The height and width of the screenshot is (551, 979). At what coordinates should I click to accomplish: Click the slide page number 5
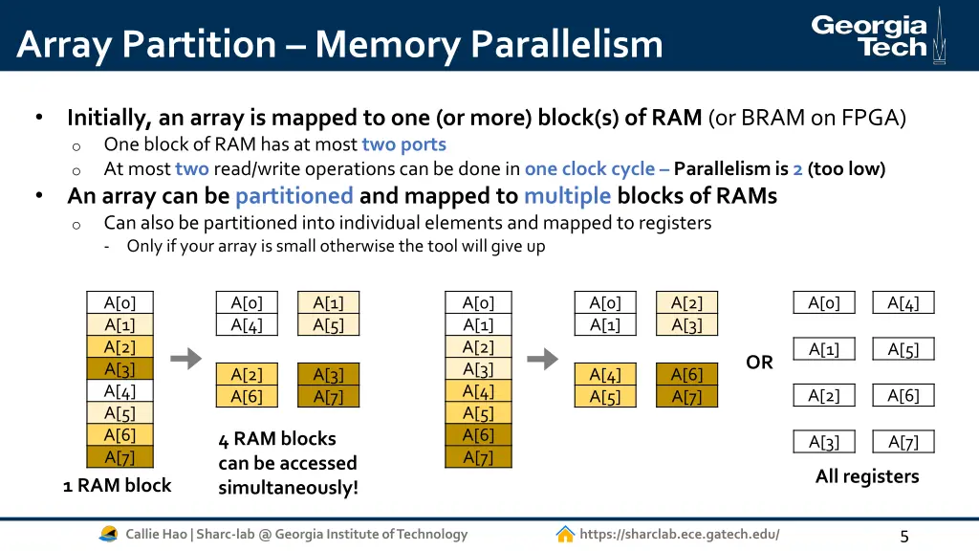(x=904, y=537)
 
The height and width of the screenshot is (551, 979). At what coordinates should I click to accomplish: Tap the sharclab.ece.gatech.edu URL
(x=679, y=534)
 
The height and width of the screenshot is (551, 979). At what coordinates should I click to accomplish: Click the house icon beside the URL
(x=565, y=534)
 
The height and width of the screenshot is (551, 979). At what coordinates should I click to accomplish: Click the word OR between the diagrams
(x=759, y=363)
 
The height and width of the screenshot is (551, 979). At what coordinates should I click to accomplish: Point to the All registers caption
(x=866, y=476)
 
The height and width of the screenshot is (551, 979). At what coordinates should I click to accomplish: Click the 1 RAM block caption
(x=118, y=485)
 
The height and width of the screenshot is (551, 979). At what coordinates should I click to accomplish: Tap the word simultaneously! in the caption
(x=288, y=487)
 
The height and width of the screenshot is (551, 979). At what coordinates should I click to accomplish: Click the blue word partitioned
(x=294, y=196)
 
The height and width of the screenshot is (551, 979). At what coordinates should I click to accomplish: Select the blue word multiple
(x=567, y=196)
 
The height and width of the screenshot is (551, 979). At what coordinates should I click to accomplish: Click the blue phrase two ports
(x=403, y=144)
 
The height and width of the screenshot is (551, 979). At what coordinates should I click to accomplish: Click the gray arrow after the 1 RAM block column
(x=185, y=359)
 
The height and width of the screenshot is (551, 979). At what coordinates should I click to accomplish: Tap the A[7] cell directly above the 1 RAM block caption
(x=120, y=456)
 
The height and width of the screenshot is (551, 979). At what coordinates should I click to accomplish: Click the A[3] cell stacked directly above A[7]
(x=328, y=374)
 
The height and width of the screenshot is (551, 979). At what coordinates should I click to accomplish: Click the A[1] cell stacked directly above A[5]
(x=328, y=303)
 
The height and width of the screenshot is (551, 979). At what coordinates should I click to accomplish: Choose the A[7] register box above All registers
(x=903, y=441)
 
